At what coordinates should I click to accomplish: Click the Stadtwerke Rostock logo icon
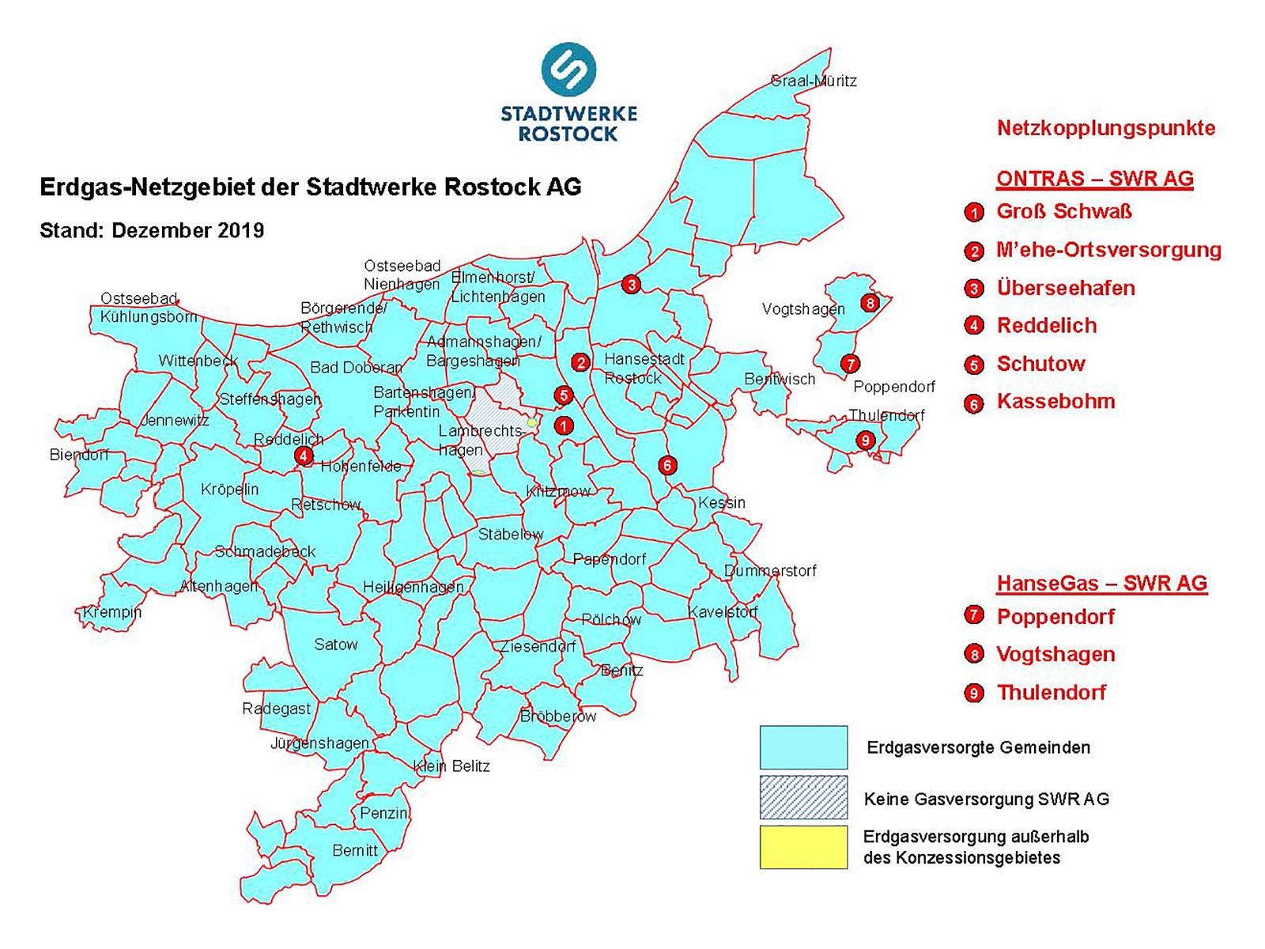pyautogui.click(x=568, y=70)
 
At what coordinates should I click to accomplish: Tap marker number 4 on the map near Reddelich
pyautogui.click(x=303, y=456)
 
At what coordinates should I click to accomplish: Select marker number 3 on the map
pyautogui.click(x=630, y=284)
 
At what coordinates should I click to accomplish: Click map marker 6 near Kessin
pyautogui.click(x=667, y=465)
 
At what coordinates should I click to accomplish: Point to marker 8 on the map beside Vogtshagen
pyautogui.click(x=870, y=302)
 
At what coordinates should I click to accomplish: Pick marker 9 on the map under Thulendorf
pyautogui.click(x=865, y=440)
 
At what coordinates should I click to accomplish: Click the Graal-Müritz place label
pyautogui.click(x=814, y=81)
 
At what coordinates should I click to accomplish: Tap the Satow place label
pyautogui.click(x=336, y=644)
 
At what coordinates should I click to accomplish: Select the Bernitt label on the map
pyautogui.click(x=355, y=850)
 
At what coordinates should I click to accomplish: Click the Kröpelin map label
pyautogui.click(x=229, y=489)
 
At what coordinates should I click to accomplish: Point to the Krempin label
pyautogui.click(x=112, y=612)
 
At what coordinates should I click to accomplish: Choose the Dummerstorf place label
pyautogui.click(x=770, y=570)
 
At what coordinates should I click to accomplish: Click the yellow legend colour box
pyautogui.click(x=803, y=848)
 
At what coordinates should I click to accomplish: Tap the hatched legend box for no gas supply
pyautogui.click(x=803, y=797)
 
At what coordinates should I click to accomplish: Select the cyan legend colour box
pyautogui.click(x=803, y=747)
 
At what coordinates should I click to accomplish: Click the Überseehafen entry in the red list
pyautogui.click(x=1065, y=288)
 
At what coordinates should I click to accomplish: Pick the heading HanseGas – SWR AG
pyautogui.click(x=1101, y=584)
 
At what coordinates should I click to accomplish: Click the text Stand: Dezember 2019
pyautogui.click(x=152, y=231)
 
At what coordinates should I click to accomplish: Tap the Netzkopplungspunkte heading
pyautogui.click(x=1105, y=128)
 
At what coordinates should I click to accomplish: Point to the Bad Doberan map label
pyautogui.click(x=356, y=368)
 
